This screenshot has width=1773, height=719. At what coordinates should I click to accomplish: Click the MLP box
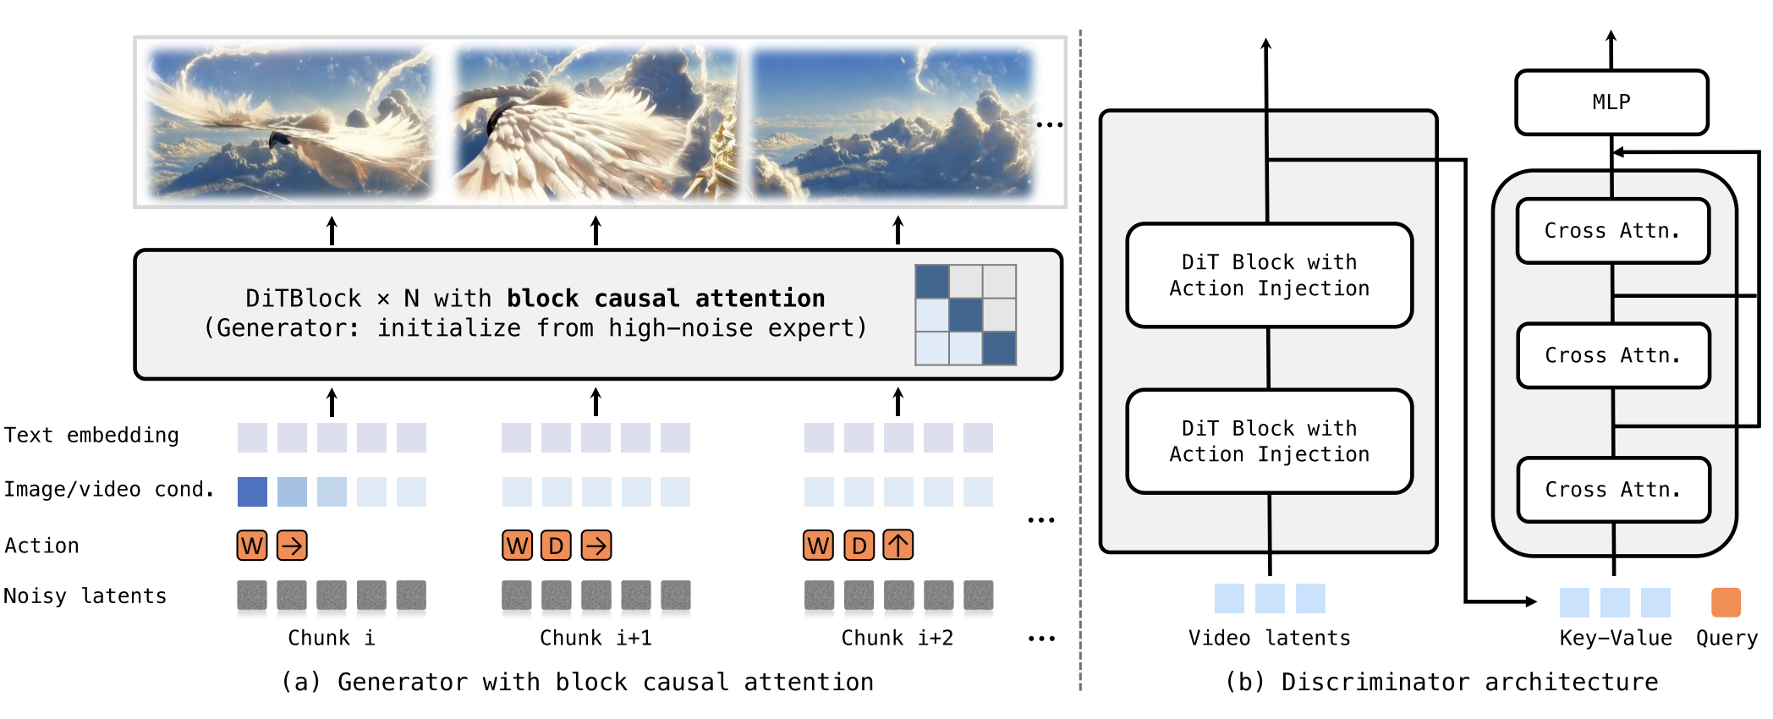pos(1611,102)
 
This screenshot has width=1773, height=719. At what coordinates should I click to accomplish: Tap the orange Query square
pos(1726,602)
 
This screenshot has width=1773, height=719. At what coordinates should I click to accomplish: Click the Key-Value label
pos(1616,638)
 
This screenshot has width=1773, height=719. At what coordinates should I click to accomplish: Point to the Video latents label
pos(1269,638)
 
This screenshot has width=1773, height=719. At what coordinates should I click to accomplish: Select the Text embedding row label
pos(91,436)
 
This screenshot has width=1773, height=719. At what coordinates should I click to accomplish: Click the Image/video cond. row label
pos(109,490)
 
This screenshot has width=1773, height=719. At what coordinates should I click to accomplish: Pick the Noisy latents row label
pos(85,596)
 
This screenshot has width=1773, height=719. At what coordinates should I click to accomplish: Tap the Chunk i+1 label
pos(596,638)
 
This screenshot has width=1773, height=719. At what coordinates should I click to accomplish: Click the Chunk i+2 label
pos(897,638)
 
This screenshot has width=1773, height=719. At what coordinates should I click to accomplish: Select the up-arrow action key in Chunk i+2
pos(898,546)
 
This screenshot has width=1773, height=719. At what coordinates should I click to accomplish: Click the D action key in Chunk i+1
pos(556,546)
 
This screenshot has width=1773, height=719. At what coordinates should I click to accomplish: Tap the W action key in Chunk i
pos(252,546)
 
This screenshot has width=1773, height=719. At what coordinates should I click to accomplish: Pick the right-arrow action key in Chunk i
pos(292,546)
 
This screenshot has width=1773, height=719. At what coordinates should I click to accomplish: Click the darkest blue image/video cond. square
pos(252,491)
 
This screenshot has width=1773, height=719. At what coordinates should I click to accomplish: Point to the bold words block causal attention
pos(666,299)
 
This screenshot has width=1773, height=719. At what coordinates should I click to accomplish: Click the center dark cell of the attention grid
pos(965,315)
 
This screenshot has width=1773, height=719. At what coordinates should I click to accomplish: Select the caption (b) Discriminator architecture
pos(1441,682)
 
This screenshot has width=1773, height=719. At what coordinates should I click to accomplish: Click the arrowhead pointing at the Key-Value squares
pos(1530,601)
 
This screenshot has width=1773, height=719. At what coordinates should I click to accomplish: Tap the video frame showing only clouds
pos(892,123)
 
